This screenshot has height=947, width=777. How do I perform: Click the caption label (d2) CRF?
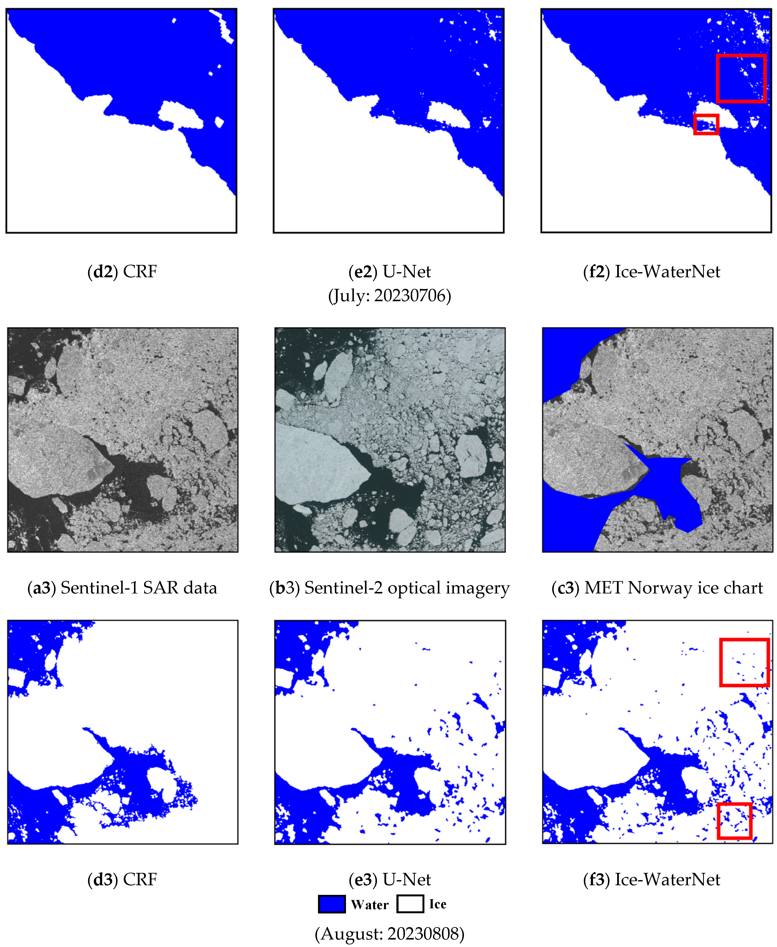click(x=122, y=272)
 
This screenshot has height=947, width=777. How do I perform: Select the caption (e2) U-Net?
click(x=389, y=272)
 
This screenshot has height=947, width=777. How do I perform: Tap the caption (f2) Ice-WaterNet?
click(x=652, y=272)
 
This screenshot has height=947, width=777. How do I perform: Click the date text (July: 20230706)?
click(x=389, y=296)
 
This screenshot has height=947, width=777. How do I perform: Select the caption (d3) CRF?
click(x=122, y=879)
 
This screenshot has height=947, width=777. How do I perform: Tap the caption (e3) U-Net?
click(x=389, y=879)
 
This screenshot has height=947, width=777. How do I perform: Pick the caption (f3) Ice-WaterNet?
click(x=652, y=879)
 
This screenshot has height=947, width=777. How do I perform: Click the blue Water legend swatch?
click(x=332, y=904)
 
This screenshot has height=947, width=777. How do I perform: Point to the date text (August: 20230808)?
click(x=389, y=934)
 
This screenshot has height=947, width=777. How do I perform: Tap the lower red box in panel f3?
click(x=734, y=821)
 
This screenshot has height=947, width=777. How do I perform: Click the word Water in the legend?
click(x=370, y=904)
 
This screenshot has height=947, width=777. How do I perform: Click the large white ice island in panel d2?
click(x=179, y=115)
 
